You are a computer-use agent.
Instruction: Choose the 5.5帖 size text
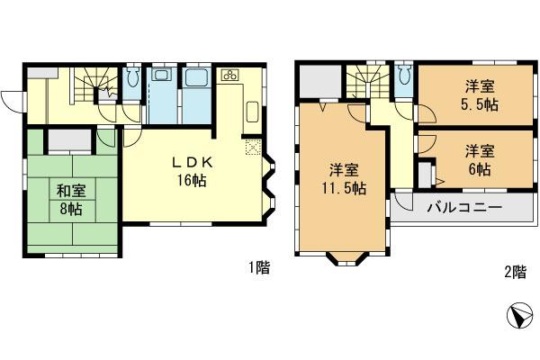pos(480,104)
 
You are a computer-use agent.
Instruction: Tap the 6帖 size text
pos(480,167)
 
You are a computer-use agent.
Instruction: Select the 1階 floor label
pos(258,267)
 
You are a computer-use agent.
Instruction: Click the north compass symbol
pos(518,316)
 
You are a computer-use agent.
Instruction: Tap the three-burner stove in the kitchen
pos(229,75)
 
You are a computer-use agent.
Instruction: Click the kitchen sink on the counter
pos(252,113)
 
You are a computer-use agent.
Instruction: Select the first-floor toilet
pos(133,80)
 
